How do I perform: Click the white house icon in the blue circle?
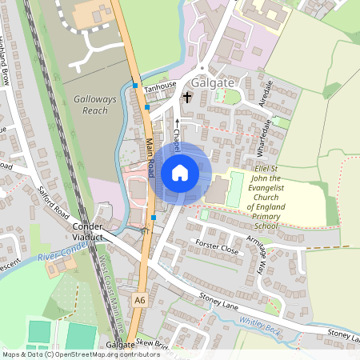tap(180, 172)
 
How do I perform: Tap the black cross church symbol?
tap(188, 98)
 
